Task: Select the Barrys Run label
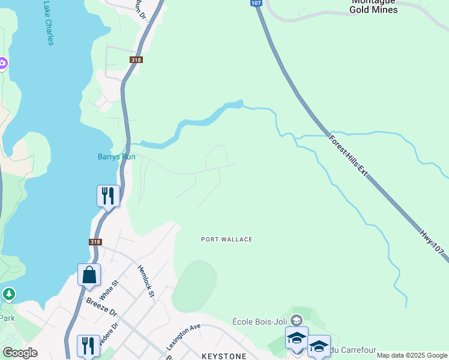(x=116, y=157)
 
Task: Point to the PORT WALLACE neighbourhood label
(x=226, y=239)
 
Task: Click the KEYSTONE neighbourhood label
(x=224, y=356)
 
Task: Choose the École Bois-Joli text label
(x=259, y=320)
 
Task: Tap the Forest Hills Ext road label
(x=348, y=154)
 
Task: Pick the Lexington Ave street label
(x=183, y=337)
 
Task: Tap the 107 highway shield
(x=256, y=3)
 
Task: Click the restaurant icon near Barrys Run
(x=109, y=196)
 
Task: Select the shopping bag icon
(x=89, y=275)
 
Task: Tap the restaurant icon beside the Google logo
(x=88, y=345)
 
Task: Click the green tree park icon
(x=8, y=294)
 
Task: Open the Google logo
(x=20, y=353)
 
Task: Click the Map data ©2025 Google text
(x=412, y=355)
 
